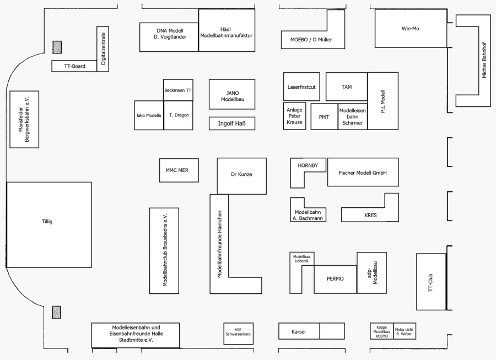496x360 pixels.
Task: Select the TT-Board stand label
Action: click(x=74, y=66)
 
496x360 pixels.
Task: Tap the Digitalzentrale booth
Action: click(x=103, y=49)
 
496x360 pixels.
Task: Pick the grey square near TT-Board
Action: click(x=57, y=47)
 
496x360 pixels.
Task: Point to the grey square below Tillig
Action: click(x=57, y=313)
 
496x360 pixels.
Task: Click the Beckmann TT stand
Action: click(x=178, y=90)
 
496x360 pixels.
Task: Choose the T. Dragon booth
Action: click(x=179, y=115)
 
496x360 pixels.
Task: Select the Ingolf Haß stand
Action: click(x=232, y=123)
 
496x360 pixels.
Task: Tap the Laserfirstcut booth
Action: click(x=301, y=87)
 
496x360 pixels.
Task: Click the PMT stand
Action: click(x=324, y=116)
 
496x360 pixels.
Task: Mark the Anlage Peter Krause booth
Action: click(x=295, y=116)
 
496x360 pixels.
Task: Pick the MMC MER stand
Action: click(x=178, y=170)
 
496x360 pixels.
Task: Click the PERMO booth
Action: click(x=335, y=279)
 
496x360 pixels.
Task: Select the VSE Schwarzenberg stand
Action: click(x=239, y=332)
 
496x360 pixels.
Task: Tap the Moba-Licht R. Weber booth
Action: click(x=404, y=331)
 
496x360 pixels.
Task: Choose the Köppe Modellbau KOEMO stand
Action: click(x=381, y=331)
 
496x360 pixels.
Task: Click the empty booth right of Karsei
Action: click(x=332, y=331)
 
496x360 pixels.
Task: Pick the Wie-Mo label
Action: click(x=411, y=28)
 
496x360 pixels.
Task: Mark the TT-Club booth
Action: click(x=431, y=281)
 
